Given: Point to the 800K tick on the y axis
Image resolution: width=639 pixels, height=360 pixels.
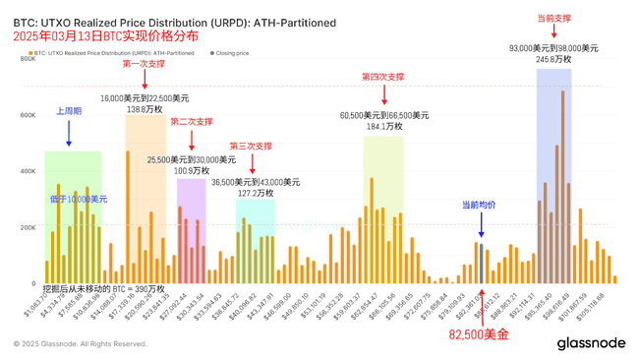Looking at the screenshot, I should coord(27,59).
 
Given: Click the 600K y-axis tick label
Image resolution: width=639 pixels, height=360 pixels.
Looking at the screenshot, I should coord(27,115).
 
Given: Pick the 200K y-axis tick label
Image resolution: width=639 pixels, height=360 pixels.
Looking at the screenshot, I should coord(27,227).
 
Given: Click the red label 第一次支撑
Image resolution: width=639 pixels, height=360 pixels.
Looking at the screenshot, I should coord(144,64).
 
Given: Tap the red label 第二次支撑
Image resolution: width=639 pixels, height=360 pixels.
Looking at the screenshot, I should coord(191,122).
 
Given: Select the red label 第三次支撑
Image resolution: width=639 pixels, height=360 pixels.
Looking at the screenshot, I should coord(251,147).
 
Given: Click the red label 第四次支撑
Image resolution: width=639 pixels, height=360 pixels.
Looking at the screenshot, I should coord(382,77).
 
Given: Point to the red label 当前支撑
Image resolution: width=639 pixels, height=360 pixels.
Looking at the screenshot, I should coord(553,18).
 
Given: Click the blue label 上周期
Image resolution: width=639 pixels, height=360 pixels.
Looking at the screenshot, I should coord(69,111).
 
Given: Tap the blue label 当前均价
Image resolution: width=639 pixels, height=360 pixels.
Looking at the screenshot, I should coord(479,205).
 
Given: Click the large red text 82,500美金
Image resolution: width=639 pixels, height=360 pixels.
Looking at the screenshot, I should coord(479,335).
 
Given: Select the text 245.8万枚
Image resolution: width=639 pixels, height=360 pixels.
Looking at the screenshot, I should coord(553,59).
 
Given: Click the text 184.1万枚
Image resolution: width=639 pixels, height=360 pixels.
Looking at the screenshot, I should coord(383,127).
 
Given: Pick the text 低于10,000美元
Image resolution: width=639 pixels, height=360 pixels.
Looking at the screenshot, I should coord(79,199).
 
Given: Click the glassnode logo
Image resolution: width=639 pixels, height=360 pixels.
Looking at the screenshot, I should coord(590,343).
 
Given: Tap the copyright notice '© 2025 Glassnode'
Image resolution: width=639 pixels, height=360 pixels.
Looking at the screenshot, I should coord(80,344).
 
